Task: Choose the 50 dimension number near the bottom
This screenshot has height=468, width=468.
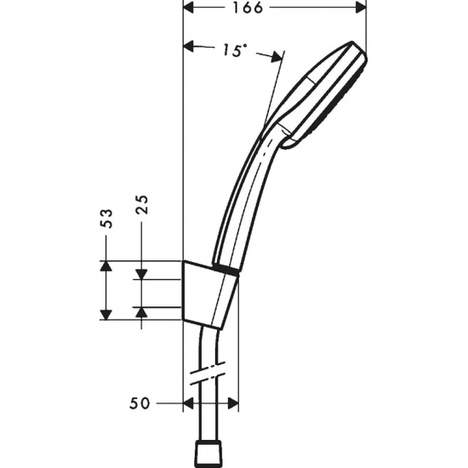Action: coord(140,401)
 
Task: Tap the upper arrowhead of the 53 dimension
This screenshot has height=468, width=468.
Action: coord(106,266)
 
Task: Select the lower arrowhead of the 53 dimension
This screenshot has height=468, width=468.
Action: coord(106,313)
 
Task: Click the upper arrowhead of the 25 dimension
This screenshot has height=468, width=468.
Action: coord(142,275)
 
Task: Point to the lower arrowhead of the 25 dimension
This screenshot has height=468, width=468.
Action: coord(142,312)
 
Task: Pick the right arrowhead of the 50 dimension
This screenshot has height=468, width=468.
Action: coord(235,402)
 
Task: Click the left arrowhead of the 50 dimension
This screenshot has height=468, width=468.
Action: coord(190,402)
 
